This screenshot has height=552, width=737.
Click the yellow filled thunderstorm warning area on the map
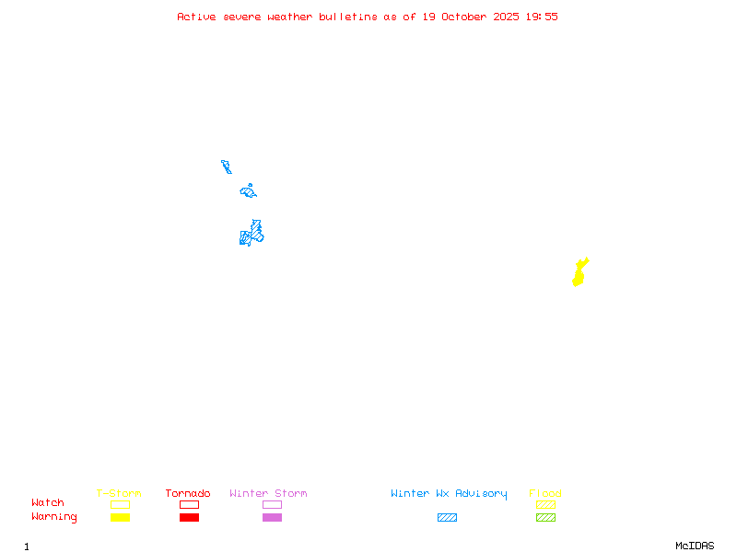coord(579,273)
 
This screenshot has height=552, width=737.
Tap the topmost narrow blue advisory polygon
coord(226,167)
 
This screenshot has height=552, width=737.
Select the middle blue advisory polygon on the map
coord(248,191)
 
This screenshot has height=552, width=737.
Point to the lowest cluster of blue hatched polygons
coord(251,234)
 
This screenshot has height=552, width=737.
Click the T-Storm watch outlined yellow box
coord(120,504)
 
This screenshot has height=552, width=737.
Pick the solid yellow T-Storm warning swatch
coord(120,517)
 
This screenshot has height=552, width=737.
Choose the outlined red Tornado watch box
coord(189,504)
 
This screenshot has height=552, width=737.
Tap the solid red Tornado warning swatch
coord(189,517)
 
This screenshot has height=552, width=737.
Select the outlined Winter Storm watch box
coord(272,504)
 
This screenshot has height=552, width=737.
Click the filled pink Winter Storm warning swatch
coord(272,517)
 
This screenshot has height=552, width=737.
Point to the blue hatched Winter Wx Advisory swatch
coord(447,517)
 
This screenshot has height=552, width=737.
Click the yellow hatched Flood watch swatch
coord(545,504)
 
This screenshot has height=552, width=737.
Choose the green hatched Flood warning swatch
coord(545,517)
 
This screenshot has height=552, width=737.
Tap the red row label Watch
coord(48,503)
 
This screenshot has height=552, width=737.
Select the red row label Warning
coord(54,517)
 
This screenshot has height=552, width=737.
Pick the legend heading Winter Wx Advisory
coord(449,494)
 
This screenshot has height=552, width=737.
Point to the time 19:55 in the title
coord(541,17)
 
